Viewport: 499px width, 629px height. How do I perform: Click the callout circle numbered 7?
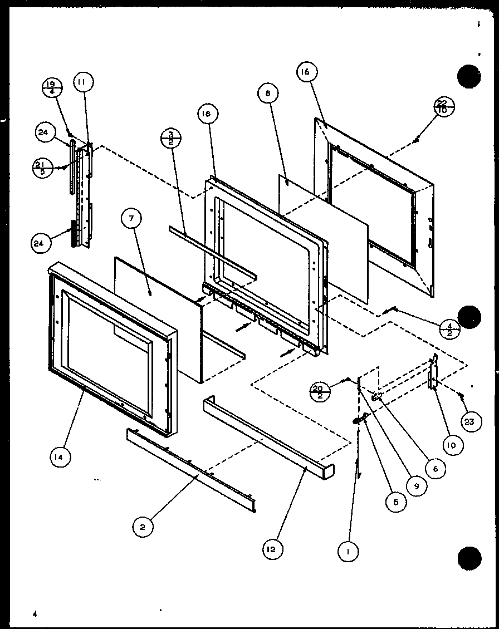pos(131,219)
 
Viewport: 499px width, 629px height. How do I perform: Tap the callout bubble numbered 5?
pos(395,501)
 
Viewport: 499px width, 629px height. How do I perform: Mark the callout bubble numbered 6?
pos(435,469)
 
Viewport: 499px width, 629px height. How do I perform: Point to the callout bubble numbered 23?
pos(469,421)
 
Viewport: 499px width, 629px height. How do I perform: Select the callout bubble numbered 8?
pos(268,94)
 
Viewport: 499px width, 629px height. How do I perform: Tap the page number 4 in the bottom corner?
pos(34,613)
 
